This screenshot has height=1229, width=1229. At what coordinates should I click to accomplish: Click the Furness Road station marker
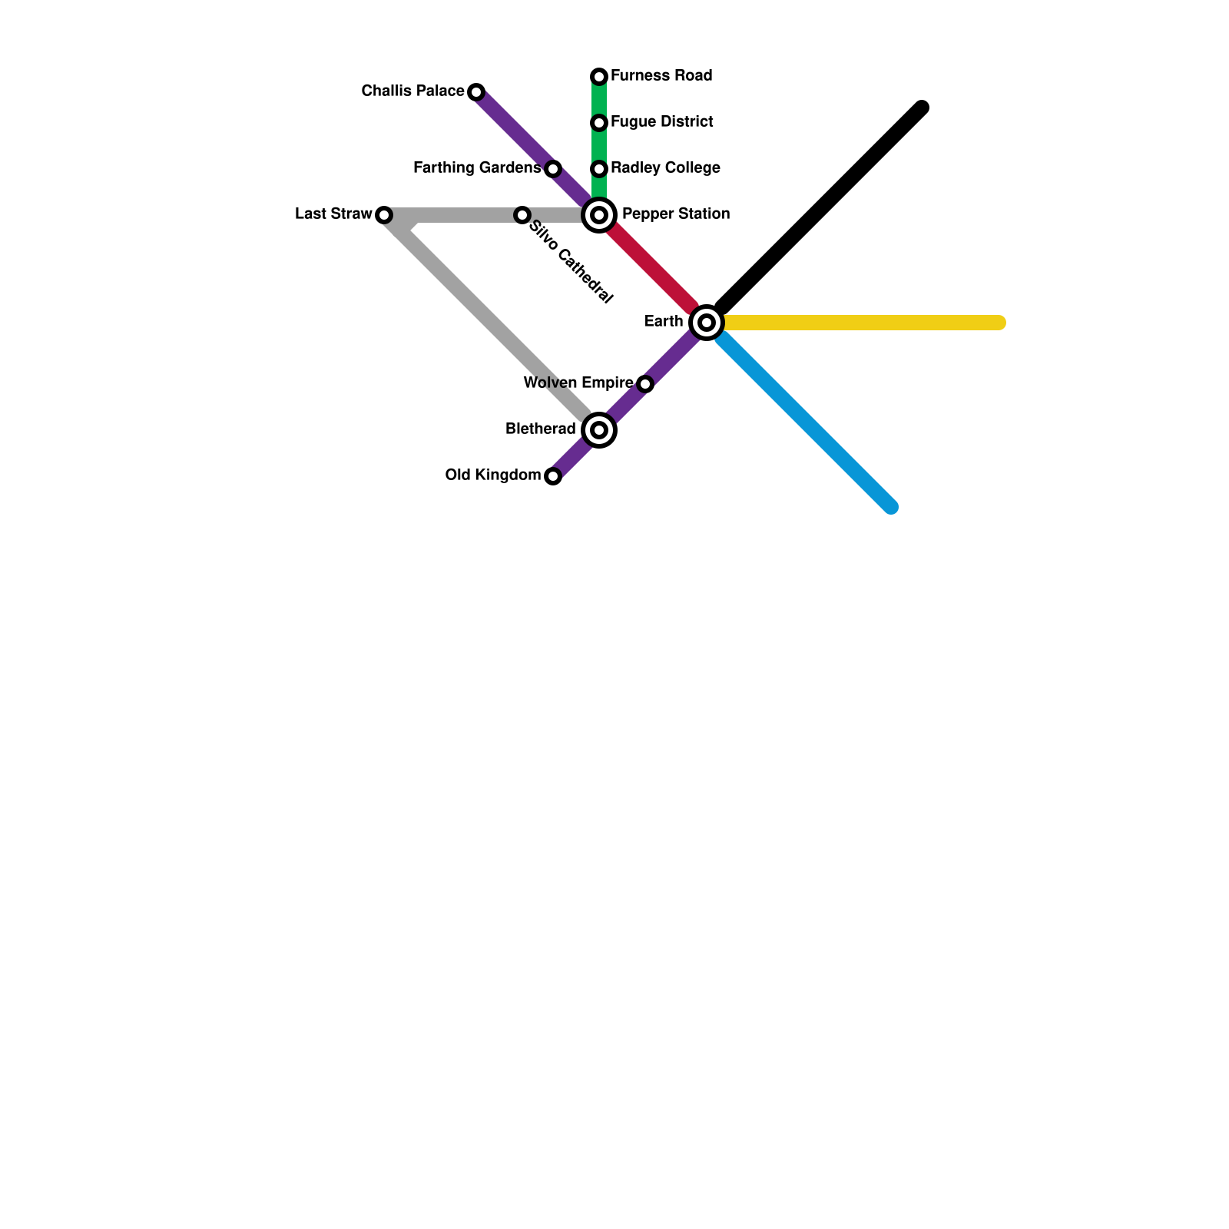[599, 77]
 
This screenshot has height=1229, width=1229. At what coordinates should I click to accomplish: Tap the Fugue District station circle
[599, 123]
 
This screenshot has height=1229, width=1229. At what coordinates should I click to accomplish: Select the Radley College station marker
[599, 169]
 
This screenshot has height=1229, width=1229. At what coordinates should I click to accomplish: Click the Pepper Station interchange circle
[599, 215]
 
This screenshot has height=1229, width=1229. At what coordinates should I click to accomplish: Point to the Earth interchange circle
[707, 323]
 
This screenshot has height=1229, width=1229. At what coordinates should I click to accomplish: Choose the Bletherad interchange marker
[599, 430]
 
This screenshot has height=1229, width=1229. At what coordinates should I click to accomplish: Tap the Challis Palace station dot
[476, 92]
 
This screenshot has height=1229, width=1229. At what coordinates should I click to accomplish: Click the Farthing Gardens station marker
[553, 169]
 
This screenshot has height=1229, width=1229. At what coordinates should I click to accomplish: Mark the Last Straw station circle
[384, 215]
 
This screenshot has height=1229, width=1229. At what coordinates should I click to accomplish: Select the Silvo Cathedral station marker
[522, 215]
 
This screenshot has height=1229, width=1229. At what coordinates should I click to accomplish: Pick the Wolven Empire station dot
[645, 384]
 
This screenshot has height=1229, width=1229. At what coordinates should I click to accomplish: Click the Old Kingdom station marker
[553, 476]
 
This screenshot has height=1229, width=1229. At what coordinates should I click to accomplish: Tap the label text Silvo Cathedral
[571, 263]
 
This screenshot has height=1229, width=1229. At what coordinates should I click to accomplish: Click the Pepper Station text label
[676, 214]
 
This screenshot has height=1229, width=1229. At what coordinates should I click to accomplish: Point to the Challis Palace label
[412, 91]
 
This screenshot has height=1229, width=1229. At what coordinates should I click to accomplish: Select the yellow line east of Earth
[860, 323]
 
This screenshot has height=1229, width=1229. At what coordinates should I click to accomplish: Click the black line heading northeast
[822, 207]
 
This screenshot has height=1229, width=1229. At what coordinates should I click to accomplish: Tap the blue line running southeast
[807, 422]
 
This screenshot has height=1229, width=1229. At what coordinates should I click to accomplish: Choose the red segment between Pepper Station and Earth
[653, 269]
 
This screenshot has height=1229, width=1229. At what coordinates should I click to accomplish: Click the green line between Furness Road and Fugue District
[599, 100]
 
